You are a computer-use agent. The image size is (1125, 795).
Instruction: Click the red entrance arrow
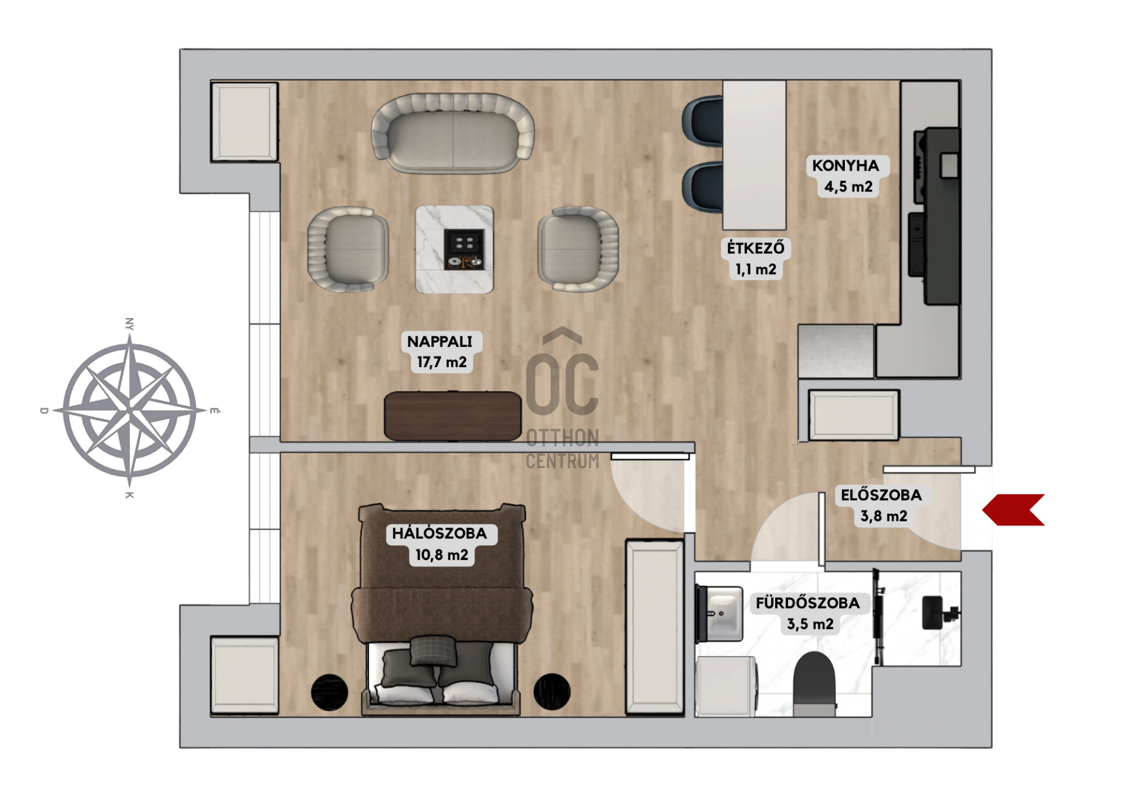(x=1013, y=510)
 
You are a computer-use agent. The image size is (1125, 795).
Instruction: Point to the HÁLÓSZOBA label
(x=439, y=533)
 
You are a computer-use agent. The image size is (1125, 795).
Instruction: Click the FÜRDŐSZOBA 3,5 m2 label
(x=808, y=613)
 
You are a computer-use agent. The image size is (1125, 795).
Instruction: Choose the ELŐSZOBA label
(x=881, y=495)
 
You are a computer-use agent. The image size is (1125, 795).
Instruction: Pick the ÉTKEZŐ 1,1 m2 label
(x=756, y=258)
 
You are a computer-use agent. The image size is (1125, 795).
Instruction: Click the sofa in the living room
(x=453, y=134)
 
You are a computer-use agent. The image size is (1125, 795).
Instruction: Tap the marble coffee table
(x=454, y=249)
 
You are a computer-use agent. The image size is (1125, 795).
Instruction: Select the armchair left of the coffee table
(x=348, y=248)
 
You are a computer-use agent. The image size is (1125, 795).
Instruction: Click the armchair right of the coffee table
(x=578, y=248)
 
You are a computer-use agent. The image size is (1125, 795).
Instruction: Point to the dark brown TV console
(x=452, y=415)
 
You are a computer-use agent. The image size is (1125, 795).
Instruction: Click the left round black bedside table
(x=329, y=692)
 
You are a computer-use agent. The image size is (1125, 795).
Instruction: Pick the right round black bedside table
(x=552, y=691)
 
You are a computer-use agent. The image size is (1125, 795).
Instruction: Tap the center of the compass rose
(x=129, y=410)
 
